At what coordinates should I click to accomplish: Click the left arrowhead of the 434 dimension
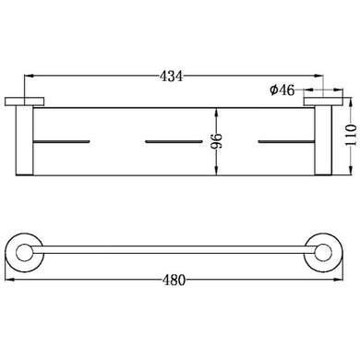[26, 76]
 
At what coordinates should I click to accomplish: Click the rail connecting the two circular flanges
[174, 248]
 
